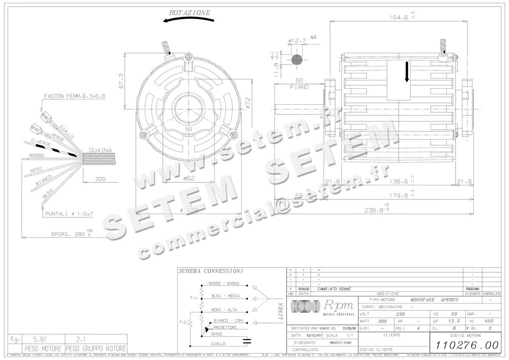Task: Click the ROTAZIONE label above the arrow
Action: (190, 13)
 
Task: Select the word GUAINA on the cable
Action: (101, 151)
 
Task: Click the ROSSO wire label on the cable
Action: (36, 156)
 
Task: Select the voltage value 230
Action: (400, 314)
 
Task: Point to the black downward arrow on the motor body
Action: (406, 72)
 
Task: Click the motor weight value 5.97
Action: (40, 339)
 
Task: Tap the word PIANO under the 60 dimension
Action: (299, 87)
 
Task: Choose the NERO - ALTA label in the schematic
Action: (224, 310)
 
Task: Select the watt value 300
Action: (383, 321)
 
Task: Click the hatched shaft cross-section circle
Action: (296, 59)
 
